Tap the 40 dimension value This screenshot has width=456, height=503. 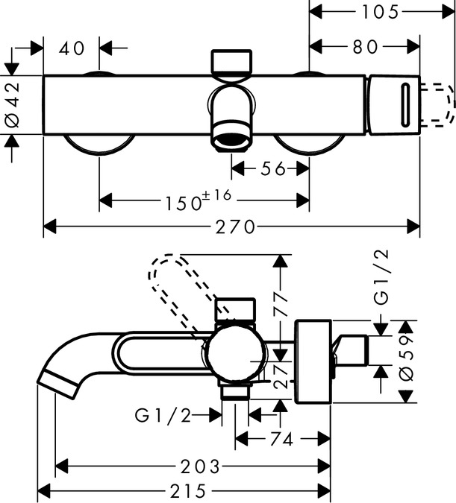pyautogui.click(x=72, y=48)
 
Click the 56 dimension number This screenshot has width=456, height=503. pyautogui.click(x=274, y=169)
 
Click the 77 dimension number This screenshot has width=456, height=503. pyautogui.click(x=281, y=306)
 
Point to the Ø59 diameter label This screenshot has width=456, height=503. pyautogui.click(x=407, y=362)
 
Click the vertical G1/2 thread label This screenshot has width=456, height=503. pyautogui.click(x=381, y=277)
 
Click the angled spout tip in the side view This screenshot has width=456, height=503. pyautogui.click(x=58, y=381)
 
